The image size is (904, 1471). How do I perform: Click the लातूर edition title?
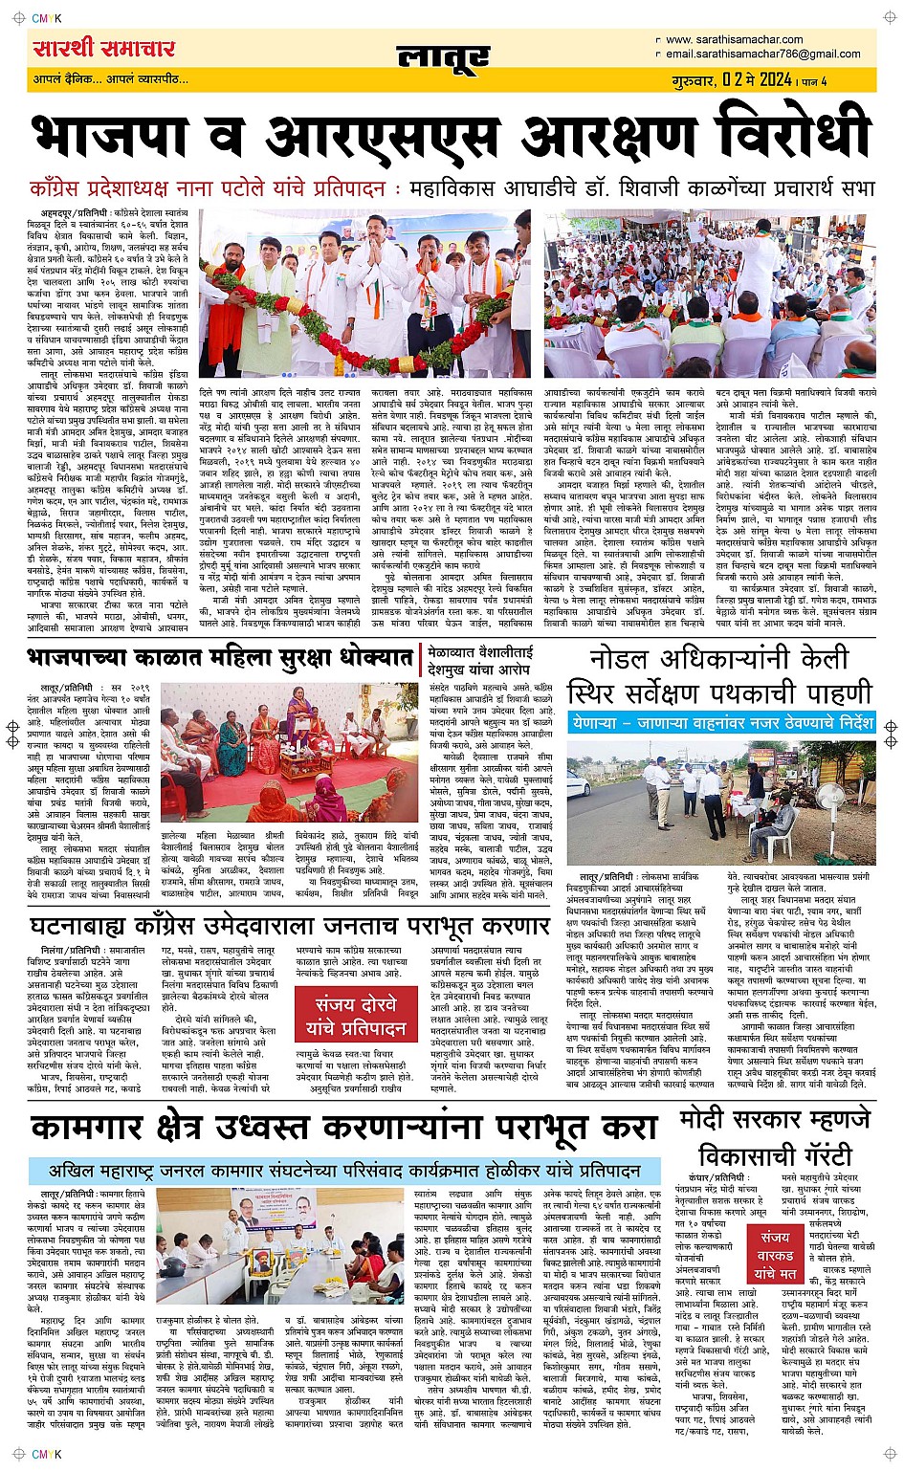click(x=443, y=58)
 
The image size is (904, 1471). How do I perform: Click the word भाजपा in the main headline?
click(x=121, y=136)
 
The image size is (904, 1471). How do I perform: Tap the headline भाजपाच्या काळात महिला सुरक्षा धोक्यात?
click(x=220, y=658)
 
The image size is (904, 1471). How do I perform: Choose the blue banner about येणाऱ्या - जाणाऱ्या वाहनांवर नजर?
click(x=720, y=723)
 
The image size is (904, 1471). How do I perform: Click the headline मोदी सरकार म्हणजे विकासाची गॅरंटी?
click(x=775, y=1136)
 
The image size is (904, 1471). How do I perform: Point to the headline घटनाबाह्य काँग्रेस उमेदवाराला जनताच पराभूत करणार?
click(x=289, y=926)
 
